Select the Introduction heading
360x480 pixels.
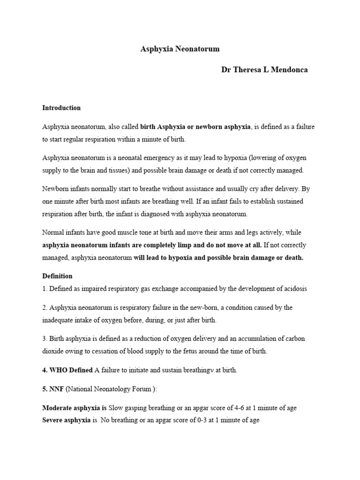click(x=61, y=108)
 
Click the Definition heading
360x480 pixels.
click(x=57, y=276)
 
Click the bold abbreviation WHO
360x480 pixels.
click(x=58, y=370)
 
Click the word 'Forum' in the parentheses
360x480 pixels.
click(x=149, y=389)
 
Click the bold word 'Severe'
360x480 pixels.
click(x=53, y=420)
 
